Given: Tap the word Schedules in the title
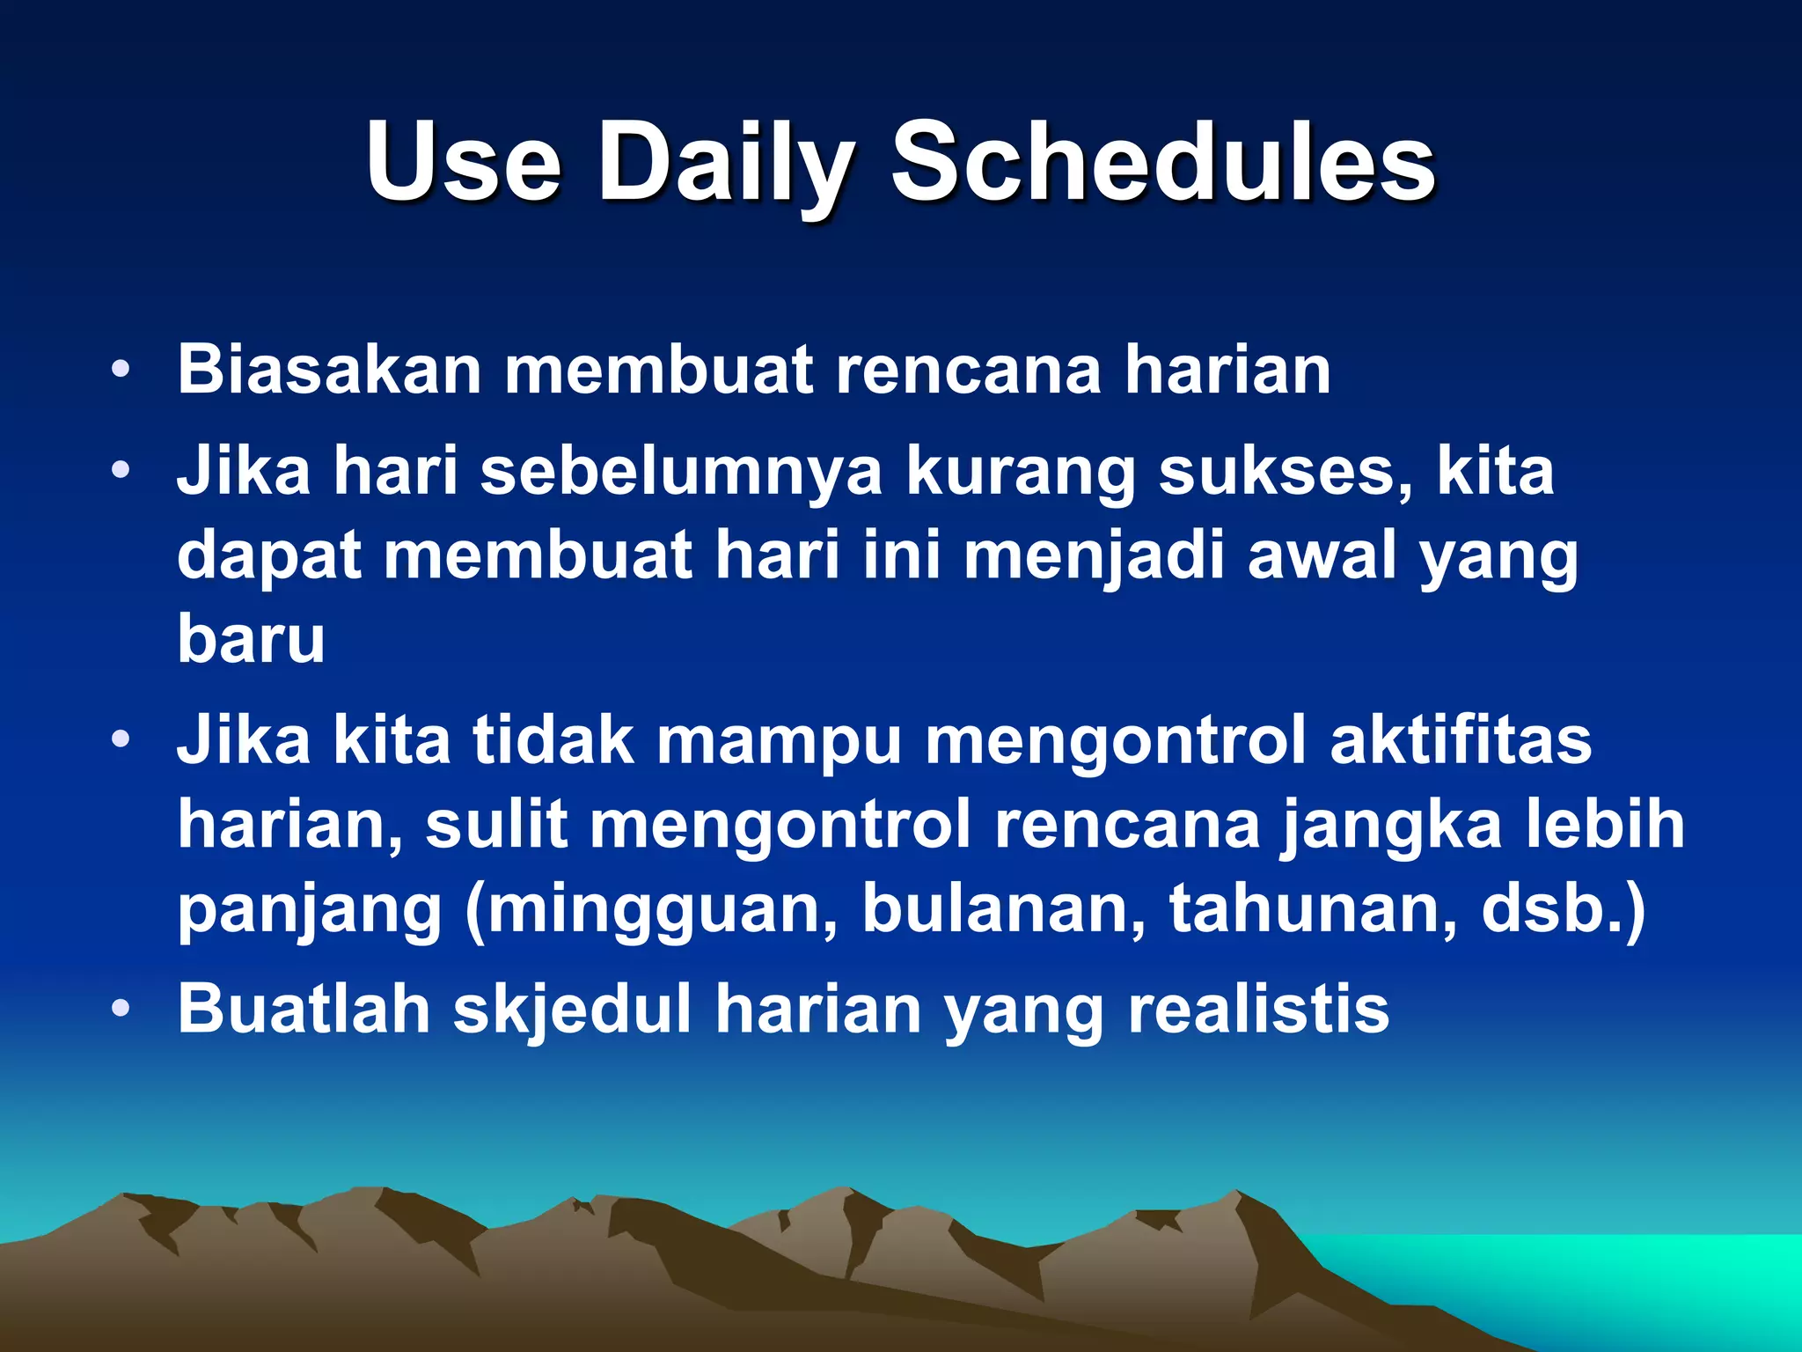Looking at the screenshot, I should [1163, 163].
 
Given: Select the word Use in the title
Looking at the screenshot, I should [464, 163].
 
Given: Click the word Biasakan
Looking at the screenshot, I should [329, 370].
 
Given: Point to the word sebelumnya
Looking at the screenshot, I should [681, 472].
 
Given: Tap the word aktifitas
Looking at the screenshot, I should [1461, 740].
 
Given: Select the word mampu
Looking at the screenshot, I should [780, 740].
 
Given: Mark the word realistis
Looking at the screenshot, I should [1258, 1009].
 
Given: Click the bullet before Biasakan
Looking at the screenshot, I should [121, 370].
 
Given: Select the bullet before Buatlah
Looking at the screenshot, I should [121, 1009].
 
